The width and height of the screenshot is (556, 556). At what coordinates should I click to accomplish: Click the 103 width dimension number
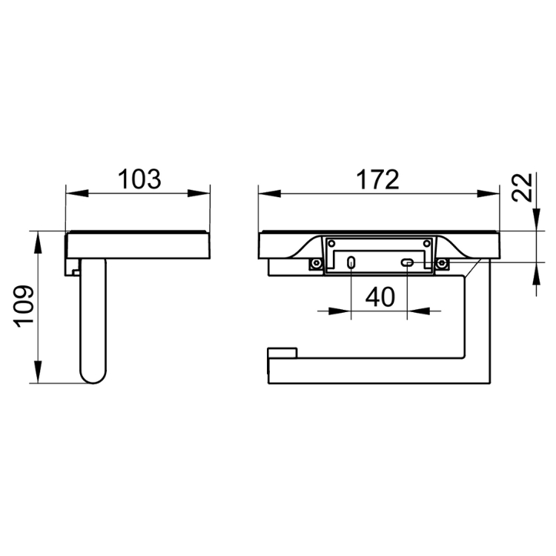(x=139, y=179)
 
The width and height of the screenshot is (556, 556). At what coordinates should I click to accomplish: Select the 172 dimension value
(x=377, y=180)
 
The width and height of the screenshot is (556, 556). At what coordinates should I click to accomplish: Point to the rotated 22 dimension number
(x=523, y=188)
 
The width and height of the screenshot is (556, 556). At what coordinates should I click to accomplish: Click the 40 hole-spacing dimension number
(x=380, y=297)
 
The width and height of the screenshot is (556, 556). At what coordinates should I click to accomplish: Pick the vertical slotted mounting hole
(x=351, y=262)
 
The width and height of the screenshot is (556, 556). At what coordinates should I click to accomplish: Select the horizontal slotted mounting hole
(x=407, y=262)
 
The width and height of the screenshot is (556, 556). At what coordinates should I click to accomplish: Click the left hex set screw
(x=316, y=263)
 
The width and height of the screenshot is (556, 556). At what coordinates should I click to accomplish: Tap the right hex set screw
(x=442, y=263)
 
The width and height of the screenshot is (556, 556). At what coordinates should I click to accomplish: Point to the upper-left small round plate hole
(x=332, y=244)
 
